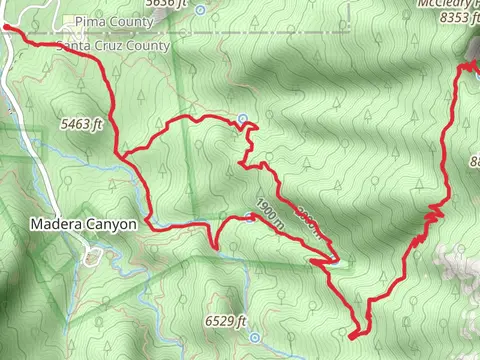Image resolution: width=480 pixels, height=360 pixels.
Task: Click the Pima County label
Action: pos(110,20)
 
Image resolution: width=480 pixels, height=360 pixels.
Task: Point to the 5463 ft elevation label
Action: pos(83,125)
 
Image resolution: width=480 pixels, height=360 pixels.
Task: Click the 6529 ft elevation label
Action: pos(224,321)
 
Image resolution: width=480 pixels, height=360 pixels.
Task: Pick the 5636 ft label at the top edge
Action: pos(166,4)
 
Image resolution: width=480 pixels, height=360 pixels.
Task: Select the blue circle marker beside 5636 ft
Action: pos(200,10)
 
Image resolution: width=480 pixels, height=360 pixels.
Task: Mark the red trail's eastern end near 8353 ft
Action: pos(463,65)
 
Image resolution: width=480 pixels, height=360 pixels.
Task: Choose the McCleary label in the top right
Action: pos(446,3)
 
